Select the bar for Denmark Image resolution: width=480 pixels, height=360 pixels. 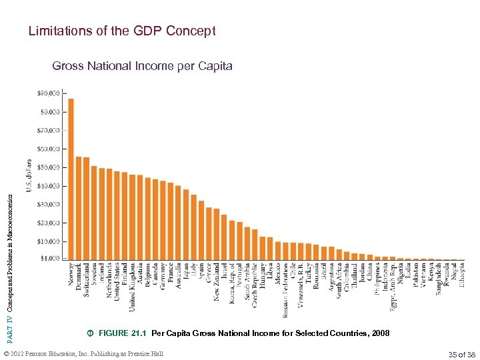pyautogui.click(x=79, y=207)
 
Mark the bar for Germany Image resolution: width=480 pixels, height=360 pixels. pyautogui.click(x=163, y=219)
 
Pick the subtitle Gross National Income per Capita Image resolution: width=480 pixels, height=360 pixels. pyautogui.click(x=142, y=66)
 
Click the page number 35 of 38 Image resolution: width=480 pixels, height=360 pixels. pyautogui.click(x=463, y=353)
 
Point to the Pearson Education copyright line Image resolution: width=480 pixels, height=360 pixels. pyautogui.click(x=83, y=353)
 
